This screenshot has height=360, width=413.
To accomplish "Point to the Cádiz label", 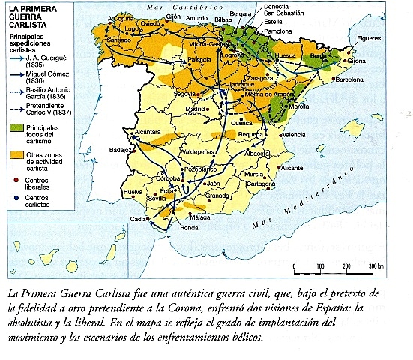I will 138,219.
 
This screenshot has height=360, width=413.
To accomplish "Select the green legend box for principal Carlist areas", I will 16,129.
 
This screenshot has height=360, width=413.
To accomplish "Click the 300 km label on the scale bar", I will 376,267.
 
